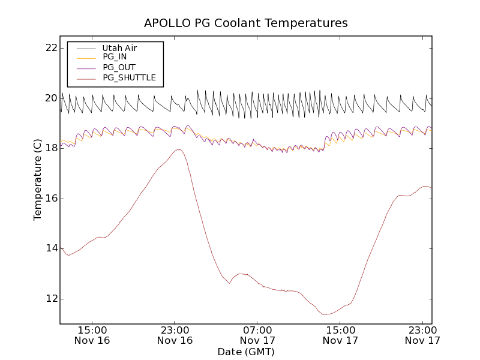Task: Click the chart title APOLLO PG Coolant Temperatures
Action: click(x=245, y=23)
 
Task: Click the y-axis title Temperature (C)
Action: click(x=38, y=180)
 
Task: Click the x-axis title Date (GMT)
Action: click(x=245, y=352)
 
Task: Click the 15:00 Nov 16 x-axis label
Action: click(x=92, y=335)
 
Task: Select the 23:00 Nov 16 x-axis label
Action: click(x=175, y=335)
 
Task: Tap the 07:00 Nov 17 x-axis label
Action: click(x=257, y=335)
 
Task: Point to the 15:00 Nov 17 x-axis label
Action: click(x=340, y=335)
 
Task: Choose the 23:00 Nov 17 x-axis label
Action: click(x=422, y=335)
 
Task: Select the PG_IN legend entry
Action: click(x=115, y=57)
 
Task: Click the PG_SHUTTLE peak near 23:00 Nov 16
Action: click(x=179, y=149)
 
